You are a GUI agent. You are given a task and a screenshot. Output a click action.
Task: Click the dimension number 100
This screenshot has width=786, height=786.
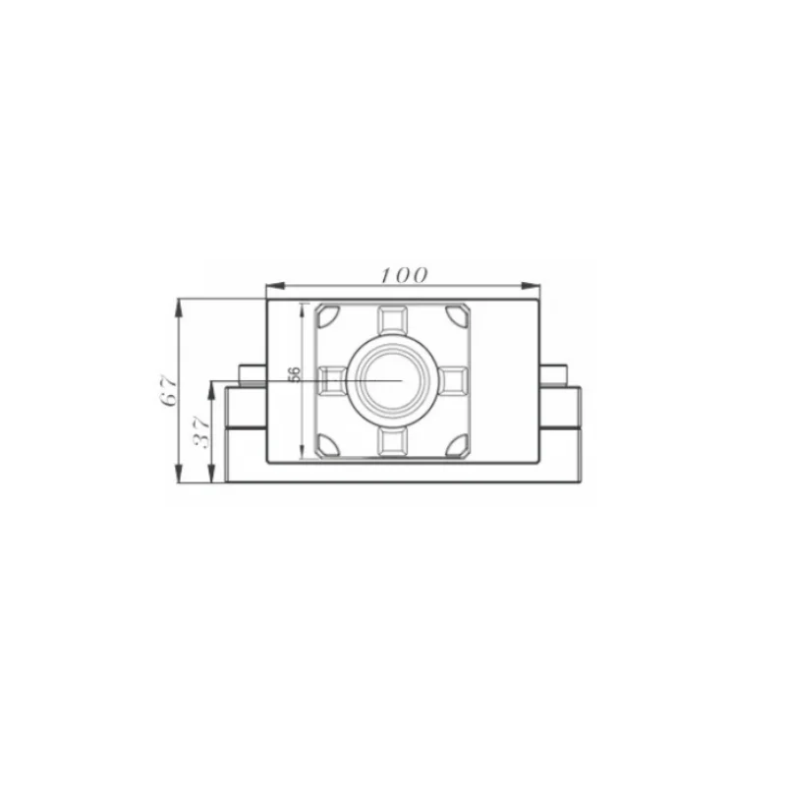tap(405, 275)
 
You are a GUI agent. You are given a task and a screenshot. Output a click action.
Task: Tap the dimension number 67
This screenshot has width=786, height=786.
tap(169, 389)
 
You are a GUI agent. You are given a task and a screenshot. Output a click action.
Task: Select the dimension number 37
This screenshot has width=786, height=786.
tap(202, 432)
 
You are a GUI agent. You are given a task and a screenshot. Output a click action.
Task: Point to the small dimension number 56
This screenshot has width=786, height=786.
tap(293, 375)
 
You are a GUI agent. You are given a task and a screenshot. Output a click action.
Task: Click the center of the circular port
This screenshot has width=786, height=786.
tap(392, 378)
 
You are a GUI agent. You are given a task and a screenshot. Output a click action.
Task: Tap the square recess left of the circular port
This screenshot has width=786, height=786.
tap(332, 378)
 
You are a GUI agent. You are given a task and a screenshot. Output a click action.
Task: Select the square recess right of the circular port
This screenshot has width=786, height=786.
tap(453, 378)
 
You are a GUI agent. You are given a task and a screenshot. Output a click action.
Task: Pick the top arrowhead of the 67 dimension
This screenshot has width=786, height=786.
tap(179, 304)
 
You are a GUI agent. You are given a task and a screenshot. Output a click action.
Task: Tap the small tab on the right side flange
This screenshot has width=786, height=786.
tap(552, 373)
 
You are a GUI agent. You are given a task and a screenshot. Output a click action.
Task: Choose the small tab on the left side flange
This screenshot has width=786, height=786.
tap(253, 373)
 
